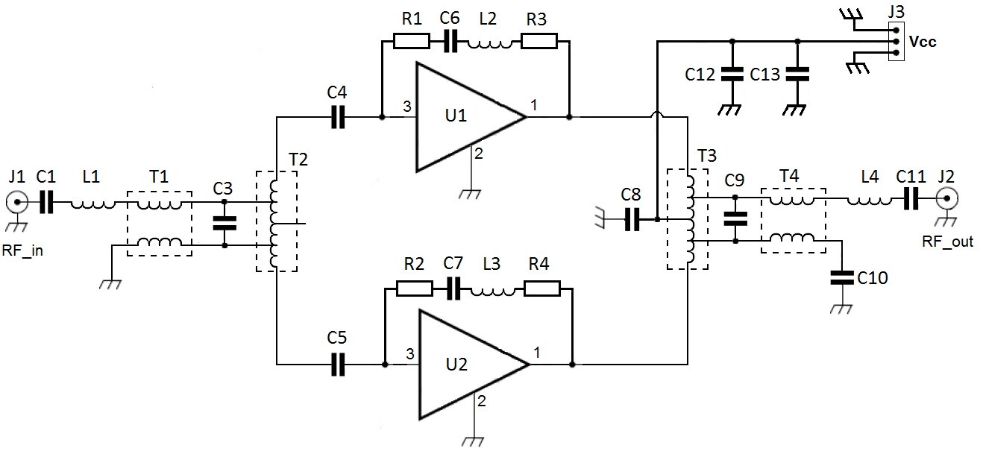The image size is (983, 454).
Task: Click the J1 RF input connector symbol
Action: point(16,201)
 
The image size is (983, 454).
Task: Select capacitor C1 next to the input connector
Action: point(46,201)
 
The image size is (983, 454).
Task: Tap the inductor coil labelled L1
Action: point(94,201)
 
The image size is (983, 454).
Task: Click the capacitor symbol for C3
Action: point(223,222)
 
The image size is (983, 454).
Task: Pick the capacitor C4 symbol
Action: point(337,117)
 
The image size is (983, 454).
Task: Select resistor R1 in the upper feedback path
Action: point(411,42)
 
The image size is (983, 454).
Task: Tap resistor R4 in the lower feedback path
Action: point(542,289)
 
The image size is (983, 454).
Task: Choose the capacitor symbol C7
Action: point(453,289)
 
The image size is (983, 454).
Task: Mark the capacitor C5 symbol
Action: point(337,364)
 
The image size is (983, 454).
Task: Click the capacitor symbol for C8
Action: point(631,220)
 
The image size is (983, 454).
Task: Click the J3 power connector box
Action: point(896,42)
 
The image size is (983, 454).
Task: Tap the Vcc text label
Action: point(923,42)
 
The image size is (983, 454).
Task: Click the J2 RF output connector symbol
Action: point(948,199)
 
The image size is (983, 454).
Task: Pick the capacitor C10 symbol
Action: point(842,277)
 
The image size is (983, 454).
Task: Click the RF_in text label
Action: point(22,250)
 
